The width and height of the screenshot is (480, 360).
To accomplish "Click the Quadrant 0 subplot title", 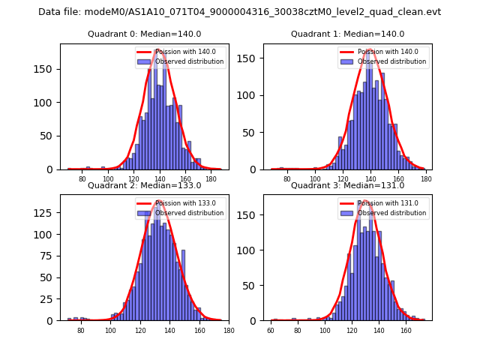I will click(144, 34).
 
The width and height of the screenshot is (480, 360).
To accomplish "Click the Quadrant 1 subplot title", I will click(347, 34).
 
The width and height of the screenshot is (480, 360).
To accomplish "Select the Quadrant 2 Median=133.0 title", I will click(144, 185).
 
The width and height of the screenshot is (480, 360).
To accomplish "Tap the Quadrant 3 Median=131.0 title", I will click(347, 185).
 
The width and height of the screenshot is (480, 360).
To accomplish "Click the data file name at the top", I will click(239, 12).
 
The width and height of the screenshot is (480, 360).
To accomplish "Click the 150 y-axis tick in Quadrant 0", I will click(49, 69).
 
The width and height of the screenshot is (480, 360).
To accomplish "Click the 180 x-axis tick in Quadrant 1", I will click(426, 179).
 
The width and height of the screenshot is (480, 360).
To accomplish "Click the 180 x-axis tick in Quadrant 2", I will click(229, 330).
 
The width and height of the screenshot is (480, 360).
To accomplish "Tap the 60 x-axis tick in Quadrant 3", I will click(271, 330).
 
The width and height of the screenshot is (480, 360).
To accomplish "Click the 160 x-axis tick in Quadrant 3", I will click(406, 330).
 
